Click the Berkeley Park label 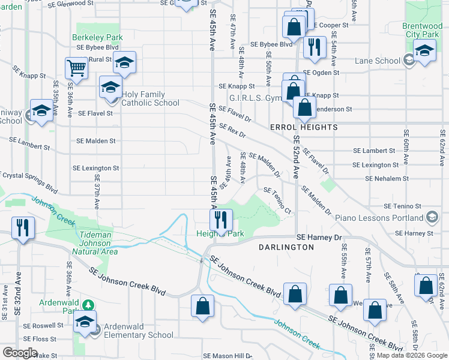(97, 37)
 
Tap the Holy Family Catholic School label (150, 98)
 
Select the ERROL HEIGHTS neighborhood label (304, 127)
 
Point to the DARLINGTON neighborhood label (286, 247)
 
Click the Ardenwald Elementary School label (139, 335)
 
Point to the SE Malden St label (96, 141)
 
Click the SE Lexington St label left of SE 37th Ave (95, 169)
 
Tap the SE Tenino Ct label (277, 200)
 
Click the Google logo (20, 353)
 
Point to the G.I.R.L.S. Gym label (255, 98)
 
